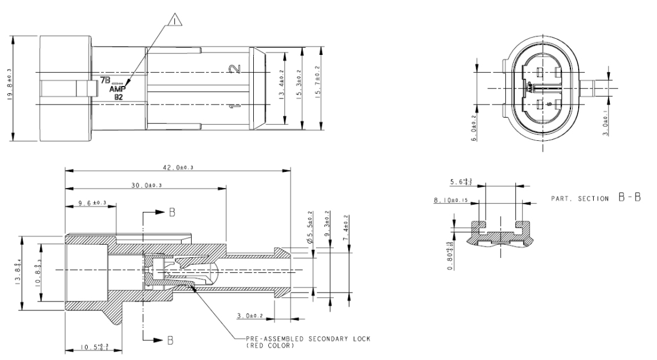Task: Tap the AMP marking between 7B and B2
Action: tap(117, 88)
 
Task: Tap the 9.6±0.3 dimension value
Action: tap(93, 204)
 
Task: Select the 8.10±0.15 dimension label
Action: tap(450, 201)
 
